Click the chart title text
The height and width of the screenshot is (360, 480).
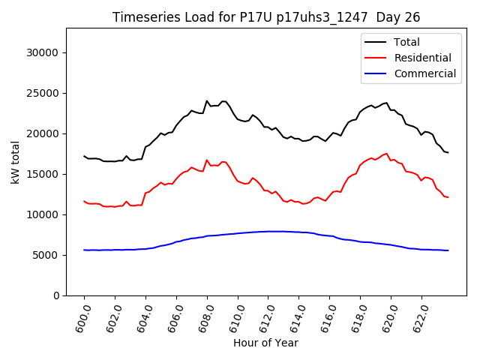[265, 17]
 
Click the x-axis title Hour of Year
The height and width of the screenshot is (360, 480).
[265, 343]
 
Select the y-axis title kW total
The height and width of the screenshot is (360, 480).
[15, 162]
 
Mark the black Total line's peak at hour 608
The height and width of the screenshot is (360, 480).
[207, 100]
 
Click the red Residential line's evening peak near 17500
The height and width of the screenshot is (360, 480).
[386, 153]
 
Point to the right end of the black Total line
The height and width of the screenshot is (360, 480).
[448, 153]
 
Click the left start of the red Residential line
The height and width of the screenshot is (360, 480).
[84, 201]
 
